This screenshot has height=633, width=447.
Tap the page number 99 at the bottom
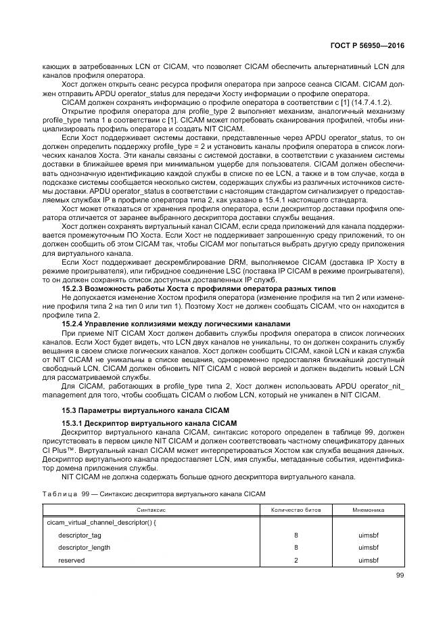point(400,575)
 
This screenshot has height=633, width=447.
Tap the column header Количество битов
point(296,509)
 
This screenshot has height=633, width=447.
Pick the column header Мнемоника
point(369,509)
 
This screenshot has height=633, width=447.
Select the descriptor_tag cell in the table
point(79,535)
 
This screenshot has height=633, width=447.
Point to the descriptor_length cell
point(84,548)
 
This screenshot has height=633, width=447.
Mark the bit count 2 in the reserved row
point(296,561)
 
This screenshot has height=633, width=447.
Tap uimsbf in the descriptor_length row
point(369,548)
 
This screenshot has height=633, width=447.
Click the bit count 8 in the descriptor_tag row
point(296,535)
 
